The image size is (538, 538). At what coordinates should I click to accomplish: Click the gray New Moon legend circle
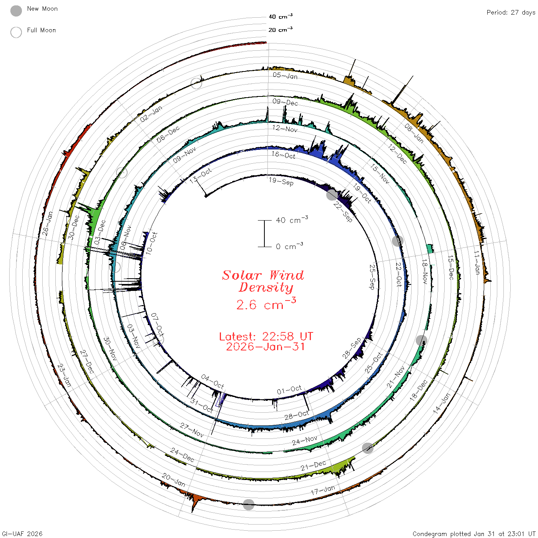tap(16, 11)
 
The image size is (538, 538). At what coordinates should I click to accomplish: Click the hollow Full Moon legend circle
tap(16, 32)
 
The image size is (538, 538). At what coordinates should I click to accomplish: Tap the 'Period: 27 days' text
tap(511, 13)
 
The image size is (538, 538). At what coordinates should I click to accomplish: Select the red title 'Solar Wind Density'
tap(263, 281)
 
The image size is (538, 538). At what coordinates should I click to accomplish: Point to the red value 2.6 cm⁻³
tap(266, 304)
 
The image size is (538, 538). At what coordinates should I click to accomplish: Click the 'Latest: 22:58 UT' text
tap(266, 336)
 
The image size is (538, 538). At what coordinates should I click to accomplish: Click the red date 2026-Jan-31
tap(265, 347)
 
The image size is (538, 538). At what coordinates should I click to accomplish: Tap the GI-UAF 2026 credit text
tap(22, 533)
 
